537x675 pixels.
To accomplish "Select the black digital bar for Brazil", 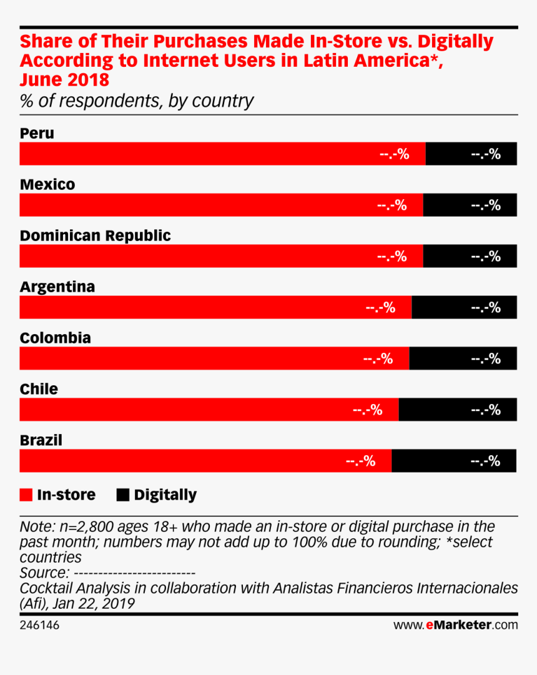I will click(x=453, y=461).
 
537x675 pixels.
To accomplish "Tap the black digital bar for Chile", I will click(x=457, y=410).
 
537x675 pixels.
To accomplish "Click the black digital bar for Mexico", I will click(x=470, y=205).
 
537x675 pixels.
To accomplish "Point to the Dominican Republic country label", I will click(x=95, y=235).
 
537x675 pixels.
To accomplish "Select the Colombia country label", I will click(x=56, y=338).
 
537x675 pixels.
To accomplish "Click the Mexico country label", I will click(x=47, y=184).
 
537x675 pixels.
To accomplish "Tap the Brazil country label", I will click(x=41, y=440).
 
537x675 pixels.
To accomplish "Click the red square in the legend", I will click(x=26, y=495).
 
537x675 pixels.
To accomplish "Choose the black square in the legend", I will click(x=123, y=495).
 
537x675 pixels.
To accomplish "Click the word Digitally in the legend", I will click(x=165, y=495).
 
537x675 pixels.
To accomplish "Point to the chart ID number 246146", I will click(x=39, y=624).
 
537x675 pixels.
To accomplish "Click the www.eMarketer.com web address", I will click(x=455, y=624).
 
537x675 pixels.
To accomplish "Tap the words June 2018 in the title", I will click(x=64, y=80).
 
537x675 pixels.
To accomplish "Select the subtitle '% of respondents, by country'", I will click(x=137, y=101).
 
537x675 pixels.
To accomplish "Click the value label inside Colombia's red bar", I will click(x=378, y=358).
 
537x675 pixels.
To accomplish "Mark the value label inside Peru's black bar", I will click(x=486, y=154).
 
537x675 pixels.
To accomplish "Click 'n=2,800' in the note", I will click(x=79, y=526).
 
